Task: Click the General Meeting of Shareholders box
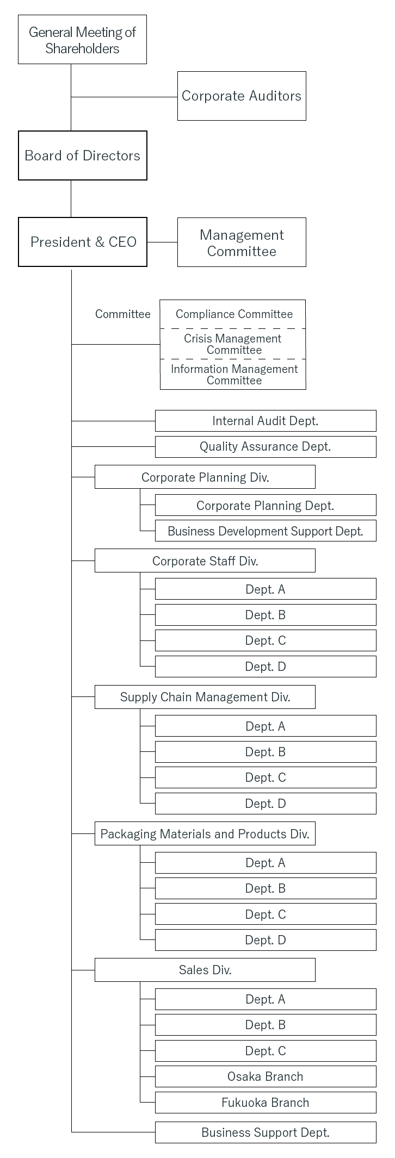(82, 40)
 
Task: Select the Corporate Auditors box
(242, 96)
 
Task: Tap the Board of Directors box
(83, 155)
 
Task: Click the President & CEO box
(83, 242)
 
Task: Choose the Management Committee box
(242, 242)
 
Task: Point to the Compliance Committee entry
(233, 314)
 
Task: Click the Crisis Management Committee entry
(233, 344)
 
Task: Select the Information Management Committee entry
(233, 375)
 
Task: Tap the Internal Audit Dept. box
(266, 421)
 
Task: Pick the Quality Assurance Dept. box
(266, 447)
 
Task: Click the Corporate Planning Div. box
(205, 477)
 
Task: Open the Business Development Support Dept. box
(266, 531)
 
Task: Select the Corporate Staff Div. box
(205, 561)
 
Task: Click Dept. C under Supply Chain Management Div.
(266, 777)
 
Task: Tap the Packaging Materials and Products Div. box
(205, 833)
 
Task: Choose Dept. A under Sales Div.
(266, 999)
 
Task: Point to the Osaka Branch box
(266, 1076)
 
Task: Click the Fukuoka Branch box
(266, 1103)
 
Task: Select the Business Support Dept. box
(266, 1132)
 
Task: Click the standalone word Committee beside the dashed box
(123, 314)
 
